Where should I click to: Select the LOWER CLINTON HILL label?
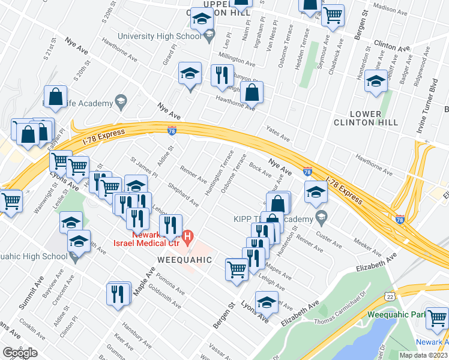coord(366,118)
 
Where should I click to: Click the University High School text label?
coord(160,37)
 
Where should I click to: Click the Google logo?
coord(20,353)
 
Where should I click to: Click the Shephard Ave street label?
coord(183,192)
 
